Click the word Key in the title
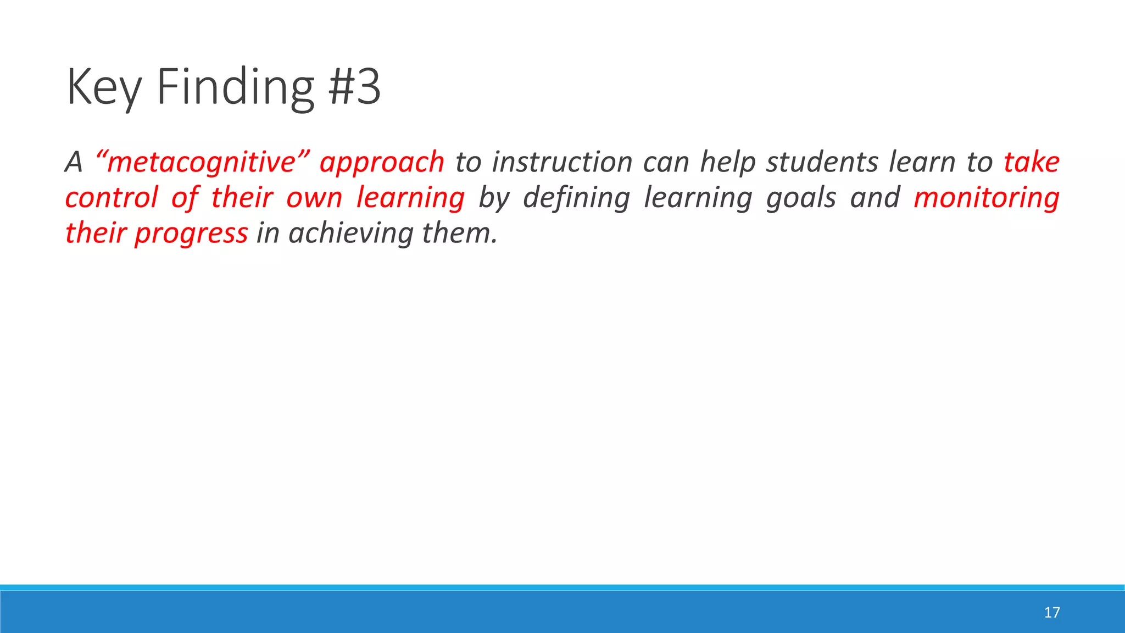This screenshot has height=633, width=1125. coord(103,87)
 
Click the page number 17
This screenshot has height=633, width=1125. coord(1051,613)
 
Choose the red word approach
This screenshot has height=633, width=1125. coord(382,162)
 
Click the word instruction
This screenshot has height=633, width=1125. coord(562,162)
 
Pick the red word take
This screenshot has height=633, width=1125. coord(1031,162)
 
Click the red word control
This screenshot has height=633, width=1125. coord(112,197)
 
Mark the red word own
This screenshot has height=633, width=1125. coord(314,197)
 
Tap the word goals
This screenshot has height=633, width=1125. coord(801,197)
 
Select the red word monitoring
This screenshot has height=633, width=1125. coord(986,197)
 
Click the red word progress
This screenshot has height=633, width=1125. coord(191,233)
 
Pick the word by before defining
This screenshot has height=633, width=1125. coord(493,197)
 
